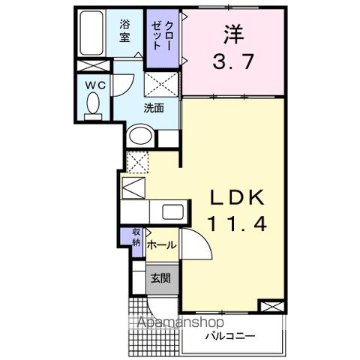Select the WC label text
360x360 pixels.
(x=94, y=85)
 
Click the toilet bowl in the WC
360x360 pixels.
(x=93, y=109)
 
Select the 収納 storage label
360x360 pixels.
(x=136, y=237)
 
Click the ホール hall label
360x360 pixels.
(x=161, y=245)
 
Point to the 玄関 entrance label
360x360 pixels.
(x=160, y=279)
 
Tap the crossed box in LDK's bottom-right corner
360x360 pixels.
(x=269, y=307)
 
